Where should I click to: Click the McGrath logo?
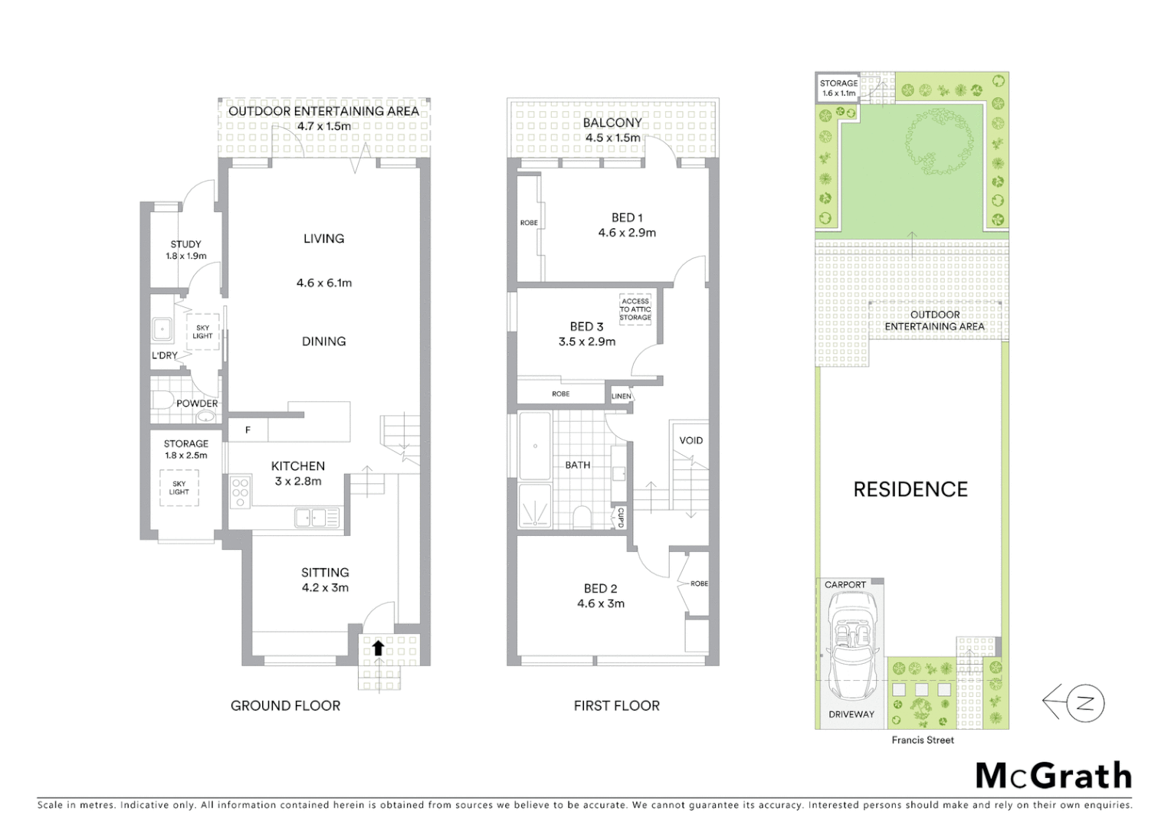1053,776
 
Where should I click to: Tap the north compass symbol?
1074,703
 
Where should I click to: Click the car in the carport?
850,648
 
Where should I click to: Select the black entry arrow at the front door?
378,648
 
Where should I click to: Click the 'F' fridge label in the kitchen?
248,430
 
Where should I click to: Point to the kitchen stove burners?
240,492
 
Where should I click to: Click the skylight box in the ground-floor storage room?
179,487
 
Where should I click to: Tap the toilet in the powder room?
162,400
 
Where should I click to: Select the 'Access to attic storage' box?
635,309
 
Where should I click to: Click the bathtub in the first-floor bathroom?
534,446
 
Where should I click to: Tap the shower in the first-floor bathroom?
533,506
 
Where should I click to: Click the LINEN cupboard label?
622,396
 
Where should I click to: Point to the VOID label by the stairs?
690,440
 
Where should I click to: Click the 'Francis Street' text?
923,740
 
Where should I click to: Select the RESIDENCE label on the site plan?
910,489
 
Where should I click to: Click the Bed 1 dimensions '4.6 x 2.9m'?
627,233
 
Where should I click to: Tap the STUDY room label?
185,244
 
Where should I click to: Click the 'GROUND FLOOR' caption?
285,705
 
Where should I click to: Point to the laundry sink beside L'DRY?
162,329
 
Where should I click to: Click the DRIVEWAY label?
851,714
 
